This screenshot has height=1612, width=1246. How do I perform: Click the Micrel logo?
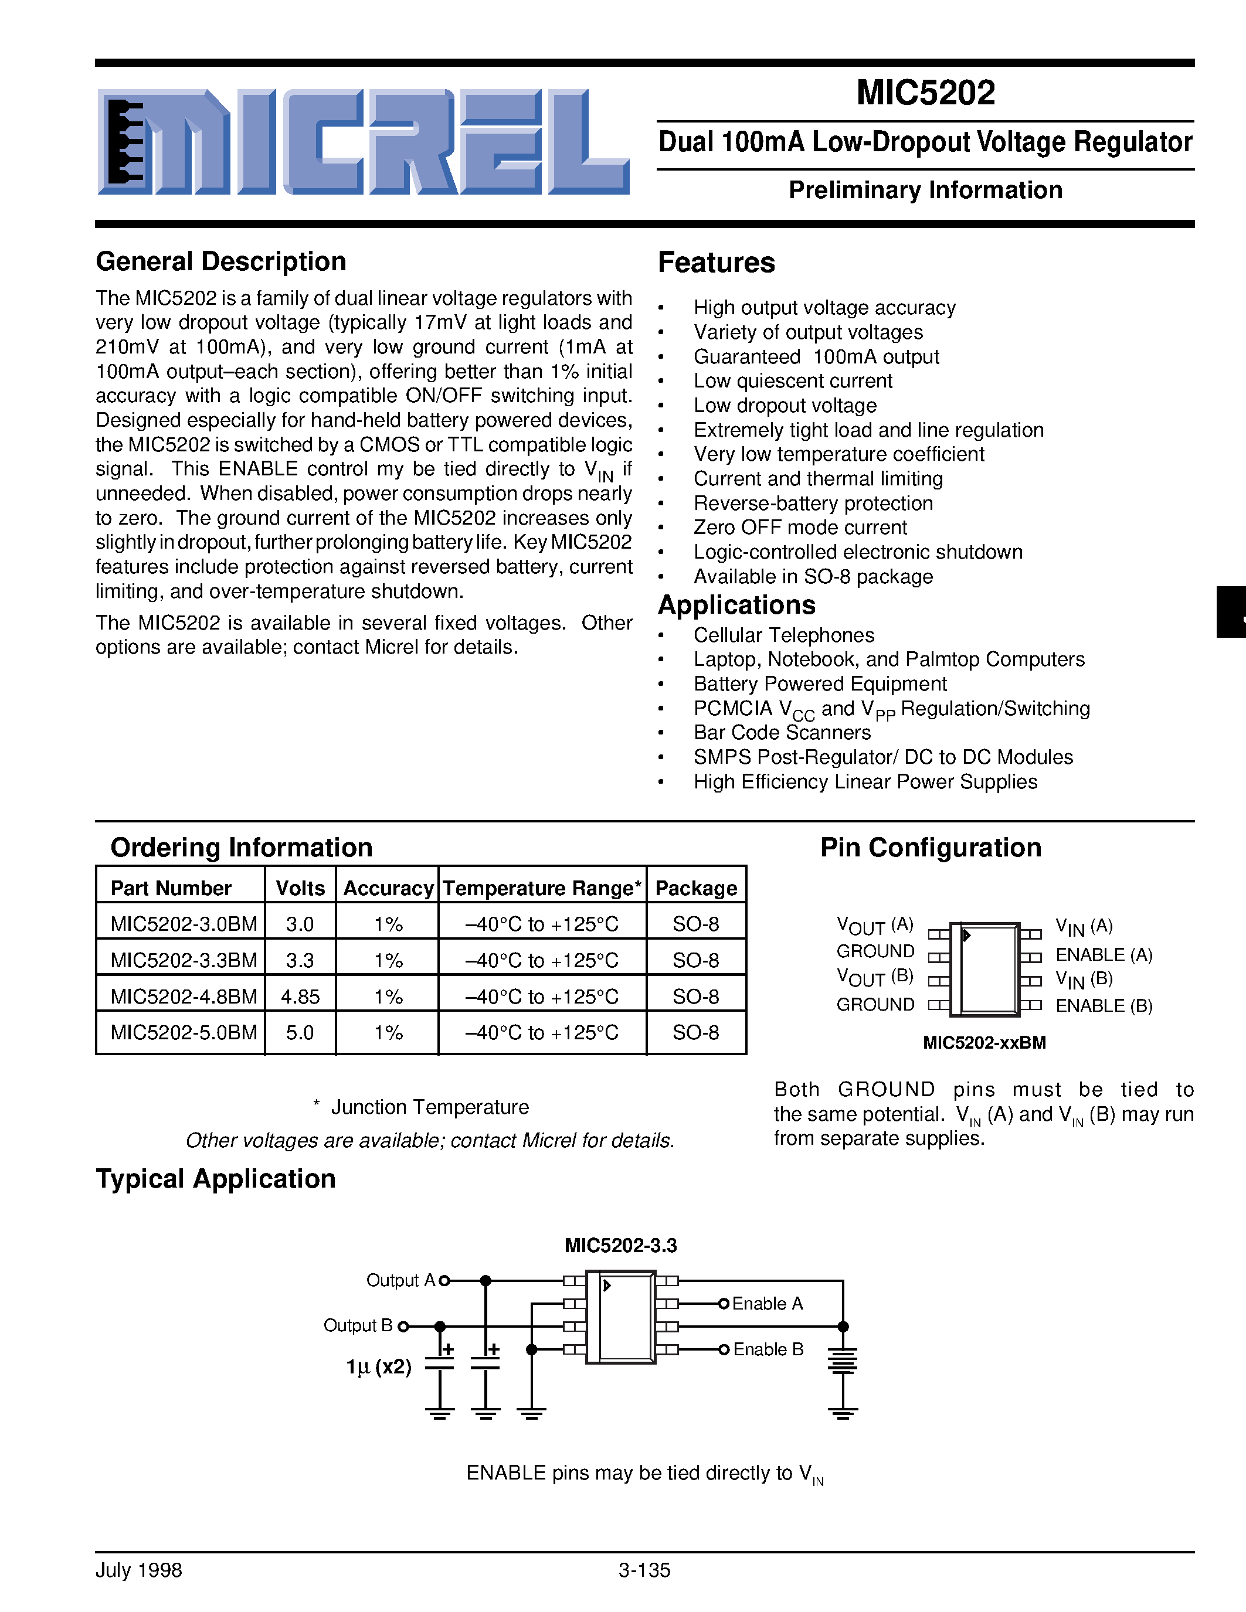pos(363,142)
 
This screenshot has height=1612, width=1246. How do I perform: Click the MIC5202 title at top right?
pos(926,93)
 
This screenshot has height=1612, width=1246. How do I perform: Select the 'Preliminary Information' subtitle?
pos(926,191)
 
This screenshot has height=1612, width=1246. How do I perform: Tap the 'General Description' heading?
pos(220,262)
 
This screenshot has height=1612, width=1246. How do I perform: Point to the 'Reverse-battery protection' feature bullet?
pos(813,504)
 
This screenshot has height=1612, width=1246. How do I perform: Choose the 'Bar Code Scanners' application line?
pos(782,733)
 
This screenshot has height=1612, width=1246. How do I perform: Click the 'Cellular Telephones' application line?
pos(783,635)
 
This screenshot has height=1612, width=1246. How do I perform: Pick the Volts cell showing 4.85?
pos(300,997)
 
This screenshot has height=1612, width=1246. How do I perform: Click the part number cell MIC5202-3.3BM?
pos(183,961)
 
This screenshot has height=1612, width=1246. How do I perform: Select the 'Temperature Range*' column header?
pos(542,889)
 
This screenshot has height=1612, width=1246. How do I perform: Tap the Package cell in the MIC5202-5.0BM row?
pos(695,1033)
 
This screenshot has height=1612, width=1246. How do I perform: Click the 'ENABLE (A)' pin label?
pos(1104,955)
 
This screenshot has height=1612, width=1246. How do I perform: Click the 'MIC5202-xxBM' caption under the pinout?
pos(984,1043)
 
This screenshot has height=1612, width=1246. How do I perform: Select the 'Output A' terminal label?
pos(401,1281)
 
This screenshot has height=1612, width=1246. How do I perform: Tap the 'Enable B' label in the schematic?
pos(768,1350)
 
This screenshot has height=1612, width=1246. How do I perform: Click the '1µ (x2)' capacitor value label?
pos(379,1368)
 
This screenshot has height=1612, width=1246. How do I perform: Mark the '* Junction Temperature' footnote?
pos(422,1107)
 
